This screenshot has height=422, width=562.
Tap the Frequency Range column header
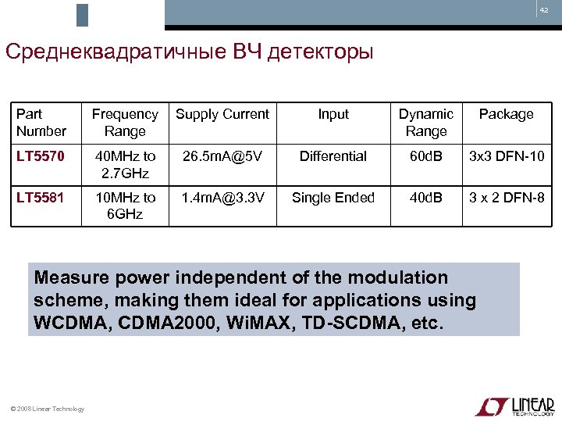pyautogui.click(x=125, y=123)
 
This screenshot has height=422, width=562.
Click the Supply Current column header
pyautogui.click(x=222, y=114)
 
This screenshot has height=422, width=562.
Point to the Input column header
pyautogui.click(x=333, y=114)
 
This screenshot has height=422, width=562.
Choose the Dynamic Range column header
pyautogui.click(x=426, y=123)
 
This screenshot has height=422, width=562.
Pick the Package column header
pyautogui.click(x=506, y=114)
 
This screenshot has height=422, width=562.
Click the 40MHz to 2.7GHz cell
pyautogui.click(x=125, y=164)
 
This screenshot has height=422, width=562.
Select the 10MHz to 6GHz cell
pyautogui.click(x=125, y=206)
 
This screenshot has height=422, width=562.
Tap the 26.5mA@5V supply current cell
pyautogui.click(x=222, y=156)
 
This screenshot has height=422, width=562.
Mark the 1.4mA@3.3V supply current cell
pyautogui.click(x=222, y=198)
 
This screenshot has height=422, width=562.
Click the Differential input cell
pyautogui.click(x=333, y=156)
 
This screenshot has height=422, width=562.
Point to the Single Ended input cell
pyautogui.click(x=333, y=198)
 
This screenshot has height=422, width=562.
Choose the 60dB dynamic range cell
pyautogui.click(x=426, y=156)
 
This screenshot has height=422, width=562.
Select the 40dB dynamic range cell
pyautogui.click(x=426, y=198)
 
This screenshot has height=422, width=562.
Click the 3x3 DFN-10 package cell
pyautogui.click(x=506, y=156)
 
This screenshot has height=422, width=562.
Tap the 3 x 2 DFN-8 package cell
pyautogui.click(x=506, y=198)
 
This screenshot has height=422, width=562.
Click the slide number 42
pyautogui.click(x=544, y=10)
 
